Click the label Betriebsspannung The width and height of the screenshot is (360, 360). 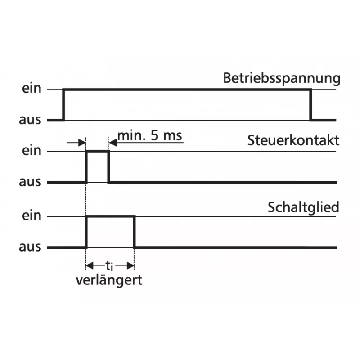coord(282,78)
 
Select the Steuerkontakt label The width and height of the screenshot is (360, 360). coord(293,140)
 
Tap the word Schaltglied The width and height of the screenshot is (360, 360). coord(303,207)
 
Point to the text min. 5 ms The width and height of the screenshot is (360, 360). coord(150,135)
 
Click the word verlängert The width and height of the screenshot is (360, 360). coord(109,280)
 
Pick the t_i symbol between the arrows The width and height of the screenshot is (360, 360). coord(109,266)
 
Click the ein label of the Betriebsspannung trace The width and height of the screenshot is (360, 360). coord(31,88)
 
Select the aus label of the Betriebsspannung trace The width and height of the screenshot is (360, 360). coord(30,120)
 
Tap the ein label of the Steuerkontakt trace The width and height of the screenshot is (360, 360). coord(31,151)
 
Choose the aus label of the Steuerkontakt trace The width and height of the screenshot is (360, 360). coord(30,182)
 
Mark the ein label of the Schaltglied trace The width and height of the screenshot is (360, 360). coord(31,216)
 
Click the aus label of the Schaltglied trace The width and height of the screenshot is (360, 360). coord(30,247)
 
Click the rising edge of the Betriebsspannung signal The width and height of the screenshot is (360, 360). coord(64,105)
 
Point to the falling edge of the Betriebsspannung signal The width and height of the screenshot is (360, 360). coord(310,105)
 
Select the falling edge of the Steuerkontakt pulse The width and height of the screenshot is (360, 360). coord(108,167)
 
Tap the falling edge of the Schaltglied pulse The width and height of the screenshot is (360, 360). coord(134,232)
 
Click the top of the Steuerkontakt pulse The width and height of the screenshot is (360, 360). coord(98,151)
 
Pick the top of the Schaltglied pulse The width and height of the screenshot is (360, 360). coord(110,216)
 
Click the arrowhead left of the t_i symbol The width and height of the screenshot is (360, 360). coord(89,266)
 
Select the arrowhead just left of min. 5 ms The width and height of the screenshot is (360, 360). coord(113,143)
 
